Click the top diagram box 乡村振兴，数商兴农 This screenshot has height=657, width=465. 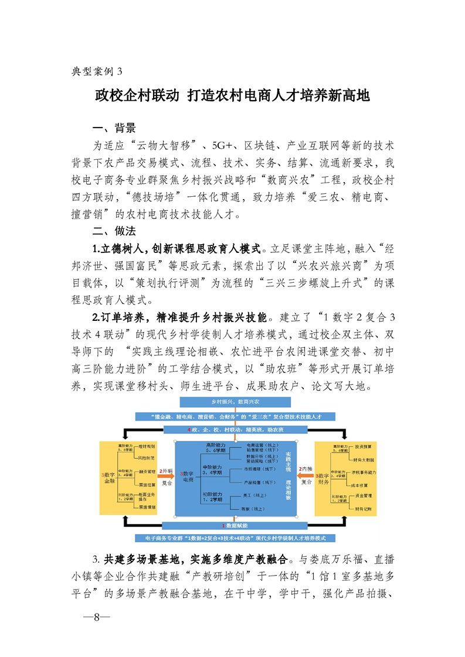tap(235, 402)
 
